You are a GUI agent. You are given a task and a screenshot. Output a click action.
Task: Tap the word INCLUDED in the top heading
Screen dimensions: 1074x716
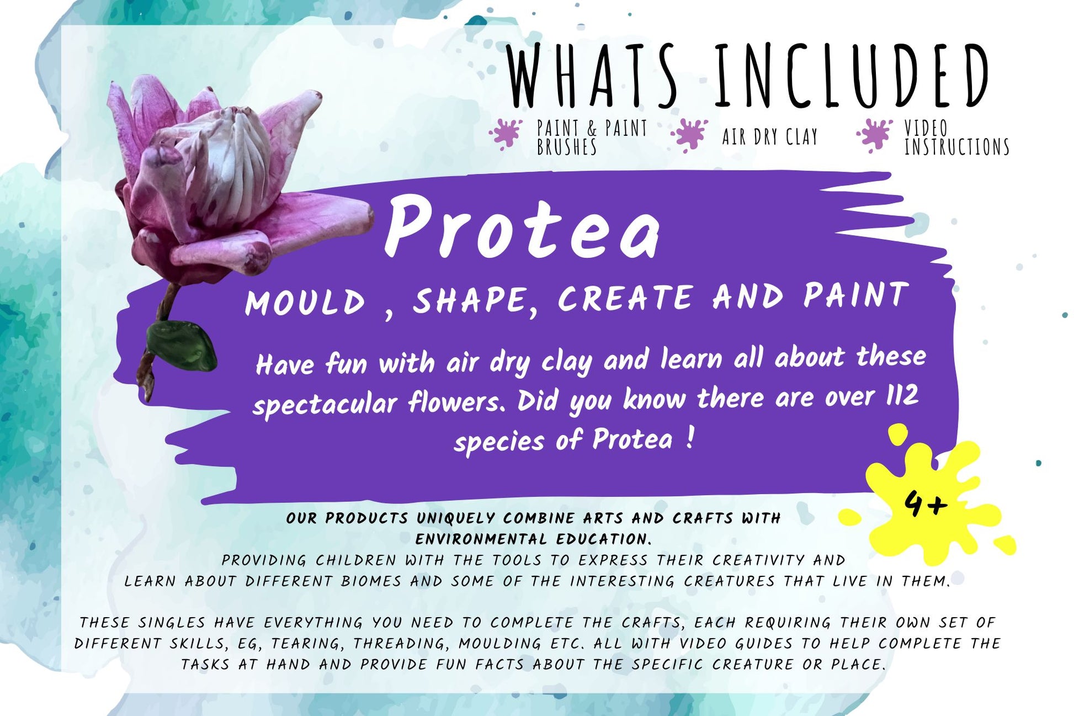click(852, 76)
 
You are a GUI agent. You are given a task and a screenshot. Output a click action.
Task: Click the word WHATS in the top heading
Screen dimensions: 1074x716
click(591, 76)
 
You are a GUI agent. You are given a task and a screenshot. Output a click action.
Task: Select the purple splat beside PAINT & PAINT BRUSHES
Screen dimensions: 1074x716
click(505, 134)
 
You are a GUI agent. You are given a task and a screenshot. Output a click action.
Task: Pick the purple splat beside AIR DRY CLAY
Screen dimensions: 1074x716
click(689, 134)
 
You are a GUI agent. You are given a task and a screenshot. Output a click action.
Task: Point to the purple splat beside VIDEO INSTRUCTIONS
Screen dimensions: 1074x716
click(874, 135)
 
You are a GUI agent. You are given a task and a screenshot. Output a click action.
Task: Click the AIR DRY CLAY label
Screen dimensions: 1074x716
click(770, 136)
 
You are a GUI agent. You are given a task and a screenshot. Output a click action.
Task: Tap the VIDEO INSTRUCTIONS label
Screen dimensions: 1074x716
click(956, 137)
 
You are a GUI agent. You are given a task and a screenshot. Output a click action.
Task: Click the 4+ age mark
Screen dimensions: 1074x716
click(926, 503)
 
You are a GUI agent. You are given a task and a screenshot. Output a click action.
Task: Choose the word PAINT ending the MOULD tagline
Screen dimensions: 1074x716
click(855, 295)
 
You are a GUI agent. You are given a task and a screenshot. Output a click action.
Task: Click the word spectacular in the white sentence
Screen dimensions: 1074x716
click(325, 404)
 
